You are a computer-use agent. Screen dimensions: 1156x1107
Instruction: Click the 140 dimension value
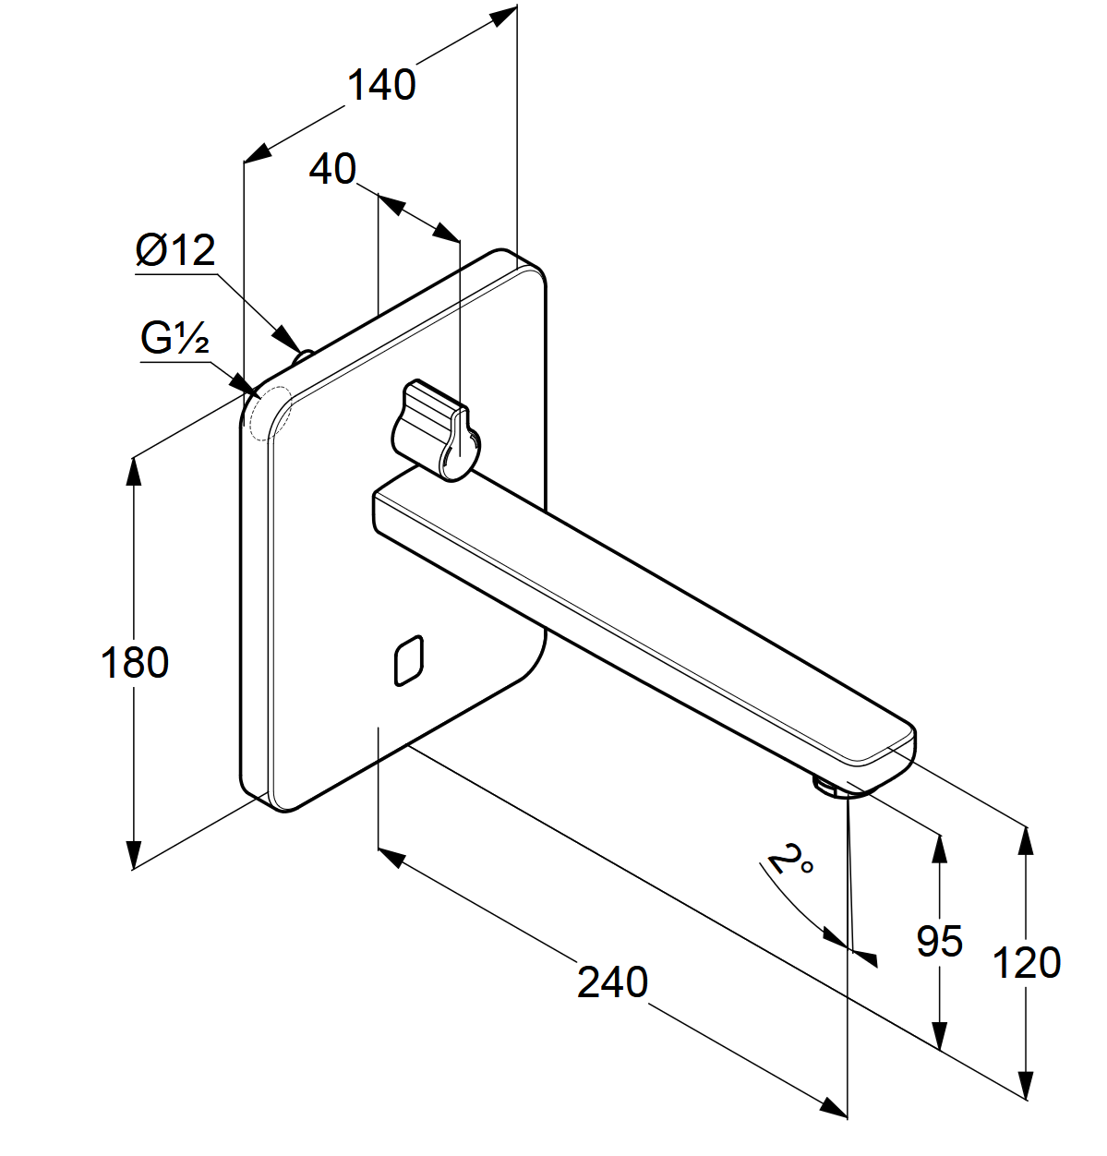click(381, 85)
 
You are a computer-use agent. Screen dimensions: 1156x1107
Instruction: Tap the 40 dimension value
click(332, 169)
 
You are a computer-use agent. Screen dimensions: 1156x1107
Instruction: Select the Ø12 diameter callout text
click(175, 250)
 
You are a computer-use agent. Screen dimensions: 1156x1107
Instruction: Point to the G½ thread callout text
click(175, 338)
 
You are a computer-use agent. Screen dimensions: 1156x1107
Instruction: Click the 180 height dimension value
click(134, 663)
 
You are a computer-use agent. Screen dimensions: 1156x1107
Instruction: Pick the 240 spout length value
click(612, 981)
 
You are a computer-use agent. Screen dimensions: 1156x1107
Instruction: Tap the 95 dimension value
click(939, 941)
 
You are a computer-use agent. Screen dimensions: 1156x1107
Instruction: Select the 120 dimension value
click(1026, 963)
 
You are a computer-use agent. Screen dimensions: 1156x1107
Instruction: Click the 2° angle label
click(790, 861)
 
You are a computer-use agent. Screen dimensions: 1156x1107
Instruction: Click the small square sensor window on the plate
click(409, 661)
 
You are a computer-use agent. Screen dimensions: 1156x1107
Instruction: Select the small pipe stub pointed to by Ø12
click(302, 357)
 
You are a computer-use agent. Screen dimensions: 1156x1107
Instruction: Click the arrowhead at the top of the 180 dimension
click(134, 471)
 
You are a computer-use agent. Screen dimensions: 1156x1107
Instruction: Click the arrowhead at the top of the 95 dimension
click(940, 849)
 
